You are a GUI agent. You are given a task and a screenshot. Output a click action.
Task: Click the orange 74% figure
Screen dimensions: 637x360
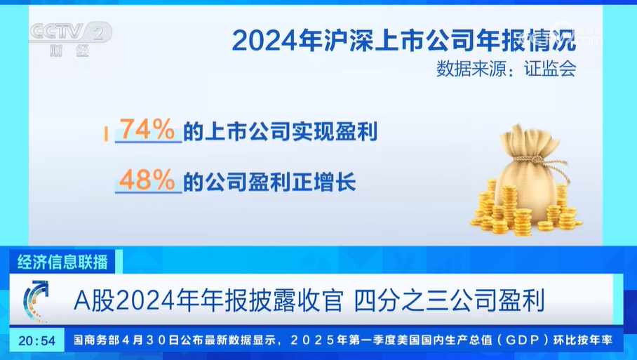click(148, 129)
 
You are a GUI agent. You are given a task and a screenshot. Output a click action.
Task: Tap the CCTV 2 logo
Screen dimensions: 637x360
click(71, 32)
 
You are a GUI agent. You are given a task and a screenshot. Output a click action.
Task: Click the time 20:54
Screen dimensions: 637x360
click(37, 340)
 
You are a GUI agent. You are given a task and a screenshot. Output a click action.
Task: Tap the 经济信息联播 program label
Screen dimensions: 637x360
click(62, 262)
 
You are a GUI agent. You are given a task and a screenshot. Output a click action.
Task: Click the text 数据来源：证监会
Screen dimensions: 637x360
click(507, 69)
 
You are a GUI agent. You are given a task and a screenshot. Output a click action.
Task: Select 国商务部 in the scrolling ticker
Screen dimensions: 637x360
click(97, 340)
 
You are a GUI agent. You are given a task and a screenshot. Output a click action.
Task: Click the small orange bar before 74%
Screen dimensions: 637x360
click(106, 134)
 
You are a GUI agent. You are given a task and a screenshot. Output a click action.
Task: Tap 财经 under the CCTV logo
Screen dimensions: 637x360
click(69, 51)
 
